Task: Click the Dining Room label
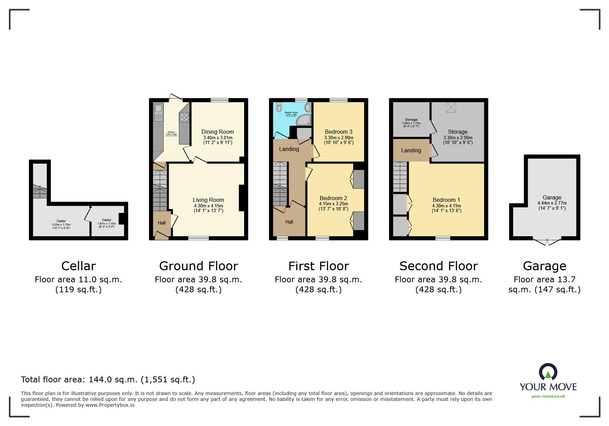coord(217,132)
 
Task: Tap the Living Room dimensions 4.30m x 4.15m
coord(208,206)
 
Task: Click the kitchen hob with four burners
coord(184,117)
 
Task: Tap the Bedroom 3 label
coord(338,132)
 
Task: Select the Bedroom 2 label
coord(333,198)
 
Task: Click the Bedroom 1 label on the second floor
coord(446,200)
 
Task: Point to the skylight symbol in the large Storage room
coord(451,107)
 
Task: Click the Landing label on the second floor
coord(411,150)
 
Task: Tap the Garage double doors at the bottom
coord(546,241)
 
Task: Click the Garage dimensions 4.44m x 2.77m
coord(552,203)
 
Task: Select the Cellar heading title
coord(78,266)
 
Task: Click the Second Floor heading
coord(438,266)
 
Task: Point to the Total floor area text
coord(108,379)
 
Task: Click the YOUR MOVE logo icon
coord(548,372)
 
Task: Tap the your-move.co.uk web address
coord(548,396)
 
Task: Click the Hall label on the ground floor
coord(162,223)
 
